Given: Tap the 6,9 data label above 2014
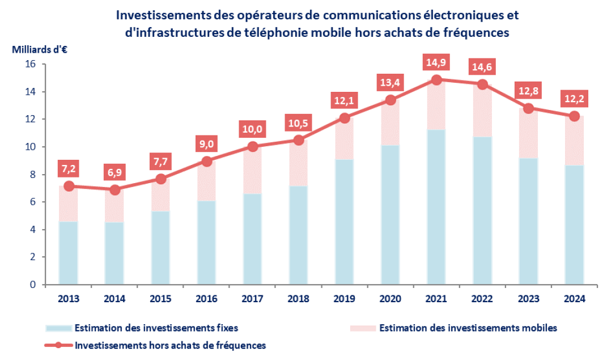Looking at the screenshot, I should pos(114,171).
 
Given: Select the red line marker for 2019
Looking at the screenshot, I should pos(345,118).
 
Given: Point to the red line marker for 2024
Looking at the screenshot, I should pos(574,116).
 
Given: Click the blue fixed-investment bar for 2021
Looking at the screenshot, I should pos(436,207).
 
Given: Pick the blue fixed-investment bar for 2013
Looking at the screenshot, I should pos(69,253).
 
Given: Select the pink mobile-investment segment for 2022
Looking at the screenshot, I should pos(482,111).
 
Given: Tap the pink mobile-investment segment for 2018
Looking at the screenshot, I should pos(299,163).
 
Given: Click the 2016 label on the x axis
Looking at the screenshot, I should pos(206,299).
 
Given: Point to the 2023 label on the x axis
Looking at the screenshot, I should pos(528,299).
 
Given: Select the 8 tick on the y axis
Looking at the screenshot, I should pos(32,175).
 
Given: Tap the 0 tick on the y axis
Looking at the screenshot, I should pos(32,285).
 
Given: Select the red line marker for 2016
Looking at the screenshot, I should pos(206,161).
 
